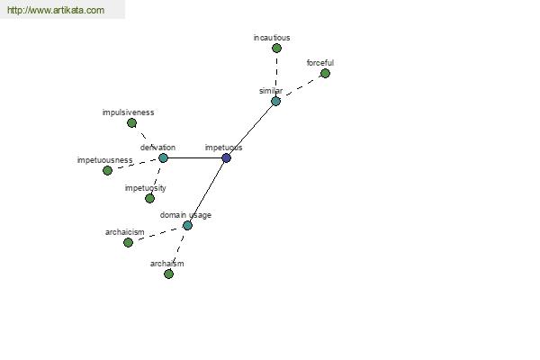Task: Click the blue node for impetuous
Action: (226, 158)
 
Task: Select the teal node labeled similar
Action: (276, 102)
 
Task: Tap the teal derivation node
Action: (163, 158)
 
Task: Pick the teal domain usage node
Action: (187, 226)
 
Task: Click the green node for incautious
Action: (276, 49)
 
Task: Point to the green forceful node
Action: (325, 74)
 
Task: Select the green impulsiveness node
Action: (132, 123)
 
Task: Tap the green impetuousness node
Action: (107, 170)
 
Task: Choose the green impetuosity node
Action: (149, 198)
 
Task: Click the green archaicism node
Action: (128, 242)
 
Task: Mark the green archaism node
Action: (169, 274)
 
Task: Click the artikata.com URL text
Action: (56, 10)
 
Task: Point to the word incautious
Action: (272, 38)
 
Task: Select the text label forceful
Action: (320, 63)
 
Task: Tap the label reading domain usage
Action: (185, 215)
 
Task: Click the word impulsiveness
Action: (128, 112)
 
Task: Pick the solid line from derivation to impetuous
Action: (194, 158)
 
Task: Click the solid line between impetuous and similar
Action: (251, 130)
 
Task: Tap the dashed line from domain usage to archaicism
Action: (157, 234)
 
